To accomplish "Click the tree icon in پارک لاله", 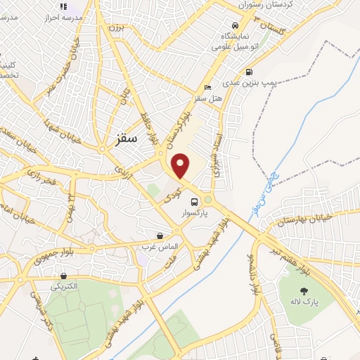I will point(304,291).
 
